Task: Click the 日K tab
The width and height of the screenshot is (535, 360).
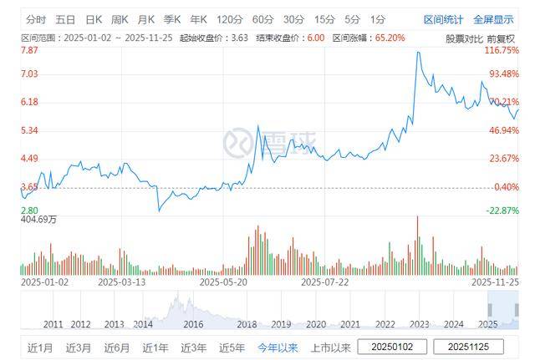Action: [94, 18]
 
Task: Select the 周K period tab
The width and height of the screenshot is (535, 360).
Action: [120, 18]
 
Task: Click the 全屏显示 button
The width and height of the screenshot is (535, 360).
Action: [493, 18]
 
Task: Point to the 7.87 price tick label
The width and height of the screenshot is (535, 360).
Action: [30, 51]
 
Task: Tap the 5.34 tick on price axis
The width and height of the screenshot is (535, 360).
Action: [30, 130]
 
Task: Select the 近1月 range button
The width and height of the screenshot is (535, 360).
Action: [41, 347]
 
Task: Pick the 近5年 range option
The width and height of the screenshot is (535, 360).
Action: [232, 347]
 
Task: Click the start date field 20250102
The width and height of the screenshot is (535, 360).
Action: [392, 347]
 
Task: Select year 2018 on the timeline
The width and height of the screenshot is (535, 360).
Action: [247, 324]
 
